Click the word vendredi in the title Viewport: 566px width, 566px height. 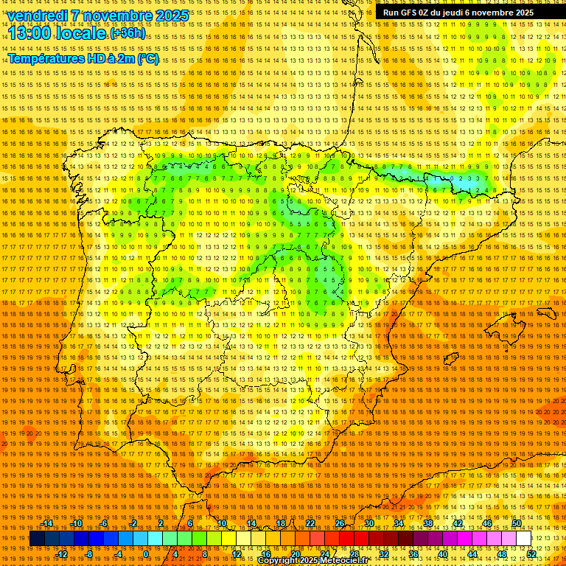pyautogui.click(x=35, y=15)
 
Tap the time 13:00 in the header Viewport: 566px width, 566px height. pyautogui.click(x=30, y=33)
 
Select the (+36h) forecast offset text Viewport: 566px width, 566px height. pyautogui.click(x=127, y=33)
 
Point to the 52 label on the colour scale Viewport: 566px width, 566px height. pyautogui.click(x=531, y=553)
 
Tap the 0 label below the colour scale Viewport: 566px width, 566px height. pyautogui.click(x=146, y=553)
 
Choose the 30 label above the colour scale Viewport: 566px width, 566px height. pyautogui.click(x=368, y=523)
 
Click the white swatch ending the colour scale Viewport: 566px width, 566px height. pyautogui.click(x=524, y=539)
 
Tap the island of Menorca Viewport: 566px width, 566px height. pyautogui.click(x=546, y=312)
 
